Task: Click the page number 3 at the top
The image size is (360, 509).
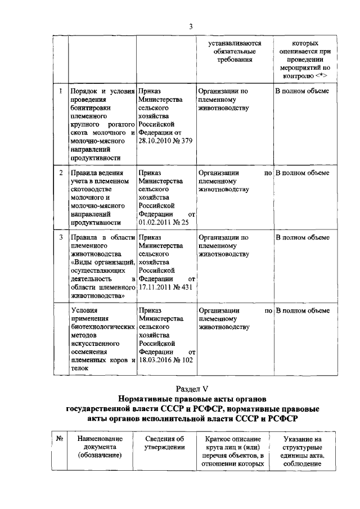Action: click(x=191, y=26)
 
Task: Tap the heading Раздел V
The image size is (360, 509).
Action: click(x=191, y=390)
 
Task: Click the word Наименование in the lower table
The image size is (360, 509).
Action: click(x=98, y=439)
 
